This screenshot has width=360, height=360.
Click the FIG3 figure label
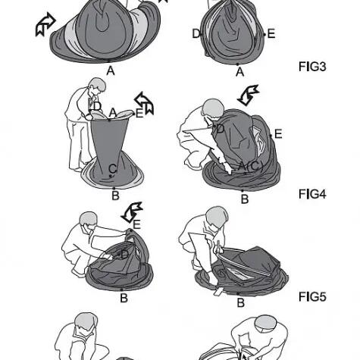click(312, 67)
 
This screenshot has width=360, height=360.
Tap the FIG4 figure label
click(312, 194)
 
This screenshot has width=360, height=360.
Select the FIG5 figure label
click(312, 296)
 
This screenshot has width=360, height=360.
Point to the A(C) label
click(251, 166)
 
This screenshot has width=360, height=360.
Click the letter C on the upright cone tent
click(113, 168)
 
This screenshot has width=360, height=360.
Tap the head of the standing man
click(98, 86)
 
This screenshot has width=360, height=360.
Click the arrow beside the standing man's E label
click(145, 103)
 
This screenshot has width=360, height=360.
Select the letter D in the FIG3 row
click(196, 33)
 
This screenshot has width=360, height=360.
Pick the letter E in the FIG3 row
click(271, 34)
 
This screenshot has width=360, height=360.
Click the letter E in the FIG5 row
click(136, 224)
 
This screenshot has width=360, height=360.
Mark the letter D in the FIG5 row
click(125, 255)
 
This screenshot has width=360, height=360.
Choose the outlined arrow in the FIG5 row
click(132, 212)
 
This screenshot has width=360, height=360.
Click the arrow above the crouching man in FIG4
click(249, 95)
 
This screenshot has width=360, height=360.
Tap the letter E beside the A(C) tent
click(278, 134)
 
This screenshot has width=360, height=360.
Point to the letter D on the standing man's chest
click(97, 106)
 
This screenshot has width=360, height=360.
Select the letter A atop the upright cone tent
click(113, 113)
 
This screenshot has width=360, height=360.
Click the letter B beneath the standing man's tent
click(115, 196)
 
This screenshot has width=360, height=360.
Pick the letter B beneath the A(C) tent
click(245, 199)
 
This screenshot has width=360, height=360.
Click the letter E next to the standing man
click(139, 114)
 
